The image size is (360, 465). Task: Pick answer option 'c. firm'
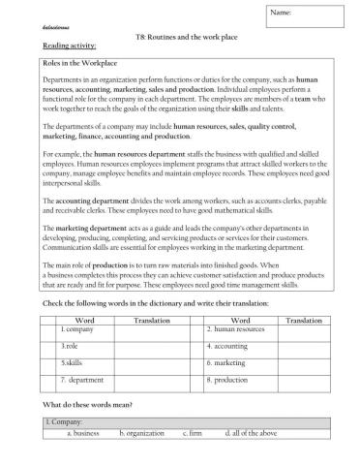tap(191, 433)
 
